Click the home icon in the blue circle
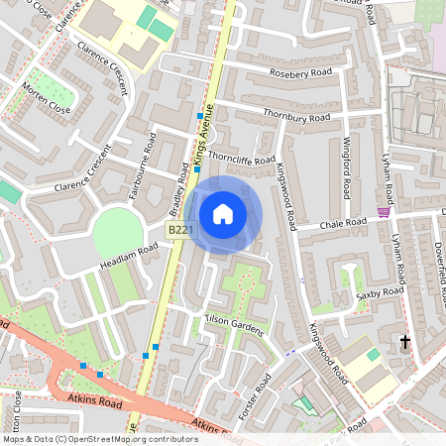pyautogui.click(x=223, y=213)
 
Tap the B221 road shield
pyautogui.click(x=178, y=230)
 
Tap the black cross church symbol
pyautogui.click(x=404, y=342)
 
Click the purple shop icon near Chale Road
pyautogui.click(x=384, y=212)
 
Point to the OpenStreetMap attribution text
pyautogui.click(x=100, y=438)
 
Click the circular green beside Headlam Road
pyautogui.click(x=118, y=230)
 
